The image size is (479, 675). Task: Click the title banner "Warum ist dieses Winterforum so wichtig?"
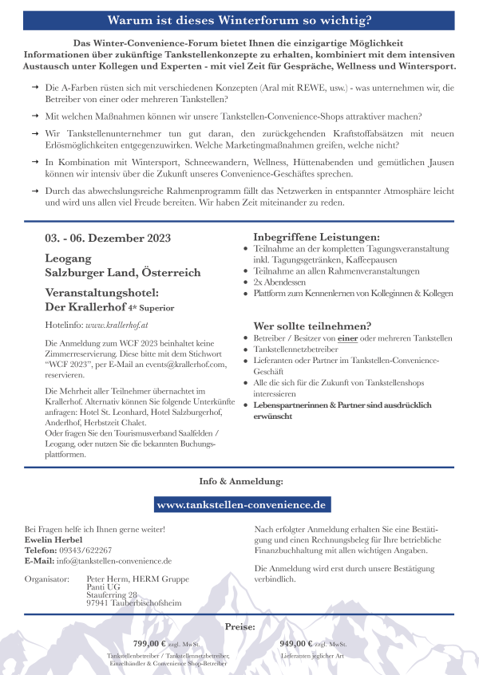click(239, 18)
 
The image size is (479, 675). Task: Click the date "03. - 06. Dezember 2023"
click(108, 238)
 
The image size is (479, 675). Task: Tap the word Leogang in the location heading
click(69, 259)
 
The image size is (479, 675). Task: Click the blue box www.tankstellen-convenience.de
click(242, 505)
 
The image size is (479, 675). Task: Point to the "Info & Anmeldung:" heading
click(240, 482)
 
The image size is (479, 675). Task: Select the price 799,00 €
click(148, 642)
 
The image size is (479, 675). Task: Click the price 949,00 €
click(295, 642)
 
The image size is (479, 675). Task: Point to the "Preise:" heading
click(240, 627)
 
